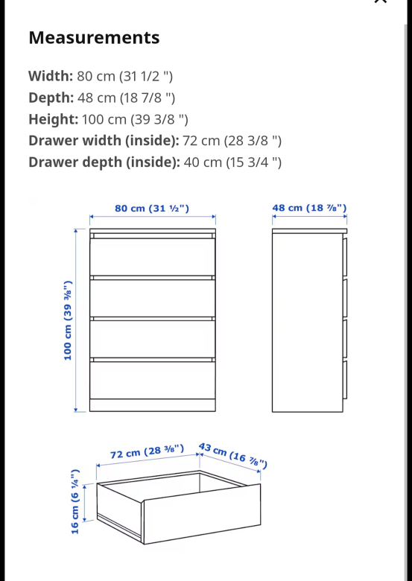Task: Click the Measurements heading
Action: (94, 38)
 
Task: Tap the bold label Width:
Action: (51, 76)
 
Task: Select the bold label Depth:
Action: (51, 98)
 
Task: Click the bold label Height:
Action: (53, 119)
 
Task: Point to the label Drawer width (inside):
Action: (103, 141)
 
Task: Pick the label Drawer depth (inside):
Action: (104, 162)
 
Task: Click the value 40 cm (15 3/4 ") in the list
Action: (232, 162)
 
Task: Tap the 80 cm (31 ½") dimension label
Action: (152, 209)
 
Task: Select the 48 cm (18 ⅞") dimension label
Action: (309, 209)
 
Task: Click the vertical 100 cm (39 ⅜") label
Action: (68, 320)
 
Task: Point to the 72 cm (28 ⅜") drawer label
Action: (147, 453)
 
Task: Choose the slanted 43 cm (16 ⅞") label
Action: (233, 455)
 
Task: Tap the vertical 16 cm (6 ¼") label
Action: (75, 501)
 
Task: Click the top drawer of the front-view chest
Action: (152, 257)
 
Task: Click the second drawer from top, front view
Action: (152, 298)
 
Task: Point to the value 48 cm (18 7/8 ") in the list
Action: (128, 98)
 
